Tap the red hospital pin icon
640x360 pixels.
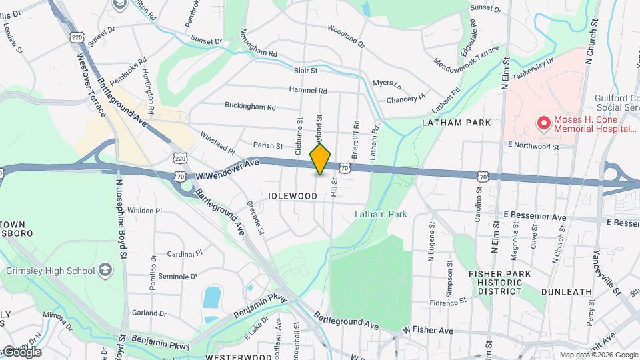click(544, 123)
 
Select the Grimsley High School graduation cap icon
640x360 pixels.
click(105, 270)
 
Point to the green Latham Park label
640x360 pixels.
click(380, 214)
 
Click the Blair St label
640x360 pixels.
click(305, 69)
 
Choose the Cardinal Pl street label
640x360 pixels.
click(185, 254)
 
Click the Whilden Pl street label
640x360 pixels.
click(145, 210)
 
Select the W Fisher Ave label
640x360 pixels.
click(427, 330)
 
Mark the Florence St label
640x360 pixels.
click(447, 303)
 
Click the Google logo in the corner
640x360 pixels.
click(21, 352)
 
